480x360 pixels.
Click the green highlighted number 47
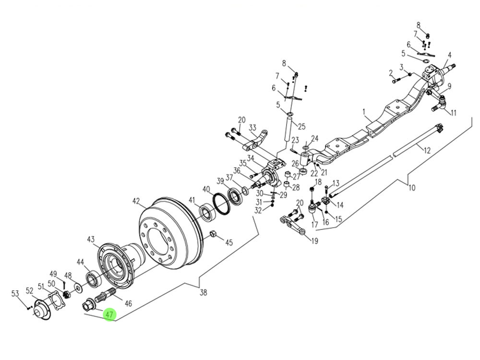point(109,315)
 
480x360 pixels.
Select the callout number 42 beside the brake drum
point(136,201)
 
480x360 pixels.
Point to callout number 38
point(203,292)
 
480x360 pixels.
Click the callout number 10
point(411,188)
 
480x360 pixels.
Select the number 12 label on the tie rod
point(427,150)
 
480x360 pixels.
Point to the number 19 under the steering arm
point(314,241)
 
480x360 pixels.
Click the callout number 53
point(15,294)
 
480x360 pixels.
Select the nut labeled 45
point(214,234)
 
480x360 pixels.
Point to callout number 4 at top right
point(449,55)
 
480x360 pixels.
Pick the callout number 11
point(454,113)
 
